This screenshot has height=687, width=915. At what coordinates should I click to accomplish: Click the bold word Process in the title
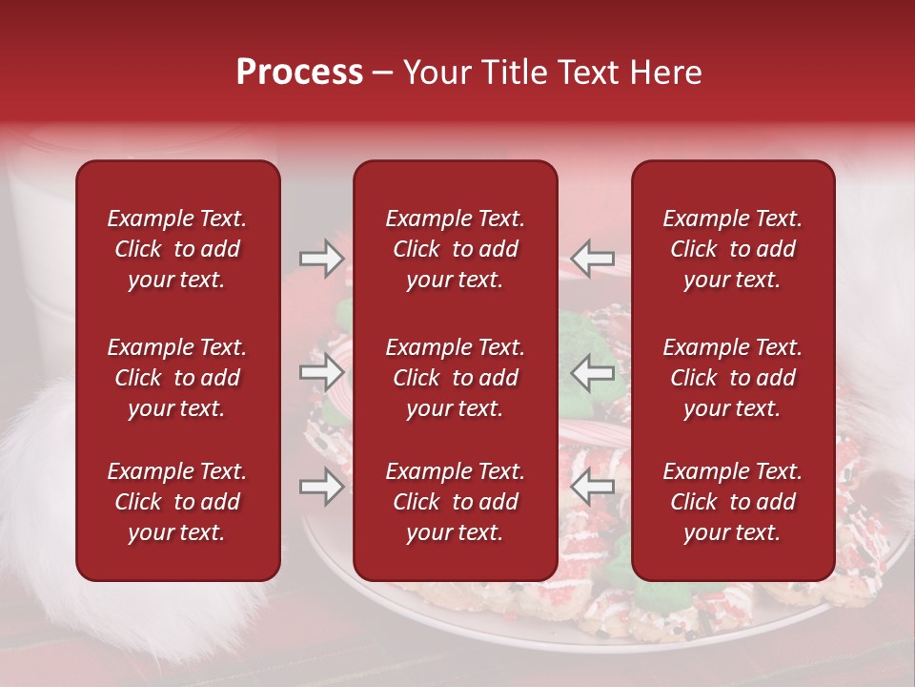tap(299, 73)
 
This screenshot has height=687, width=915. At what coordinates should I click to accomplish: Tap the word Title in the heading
tap(511, 73)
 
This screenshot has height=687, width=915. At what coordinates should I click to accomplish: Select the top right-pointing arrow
tap(321, 258)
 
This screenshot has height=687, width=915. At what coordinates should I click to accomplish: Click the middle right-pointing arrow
tap(321, 371)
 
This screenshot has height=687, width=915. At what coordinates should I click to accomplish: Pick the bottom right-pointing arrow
tap(321, 487)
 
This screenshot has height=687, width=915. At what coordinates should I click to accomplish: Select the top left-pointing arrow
tap(593, 258)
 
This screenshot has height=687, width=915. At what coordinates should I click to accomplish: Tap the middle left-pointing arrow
tap(593, 371)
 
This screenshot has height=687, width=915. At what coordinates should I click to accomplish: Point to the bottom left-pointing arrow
tap(593, 487)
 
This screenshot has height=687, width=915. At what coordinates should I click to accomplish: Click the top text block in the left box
tap(177, 249)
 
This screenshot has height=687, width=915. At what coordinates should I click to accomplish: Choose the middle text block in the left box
tap(177, 378)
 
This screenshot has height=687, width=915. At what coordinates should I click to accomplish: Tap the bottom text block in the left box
tap(177, 502)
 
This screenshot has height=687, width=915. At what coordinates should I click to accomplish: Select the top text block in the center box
tap(455, 249)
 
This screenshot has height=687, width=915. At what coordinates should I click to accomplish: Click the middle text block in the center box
tap(455, 378)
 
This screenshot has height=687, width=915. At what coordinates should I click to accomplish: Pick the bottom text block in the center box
tap(455, 502)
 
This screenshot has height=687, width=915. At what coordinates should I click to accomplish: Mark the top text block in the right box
tap(733, 249)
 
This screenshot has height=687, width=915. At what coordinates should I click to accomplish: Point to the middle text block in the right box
tap(733, 378)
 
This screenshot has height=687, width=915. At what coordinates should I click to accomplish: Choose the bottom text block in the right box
tap(733, 502)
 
